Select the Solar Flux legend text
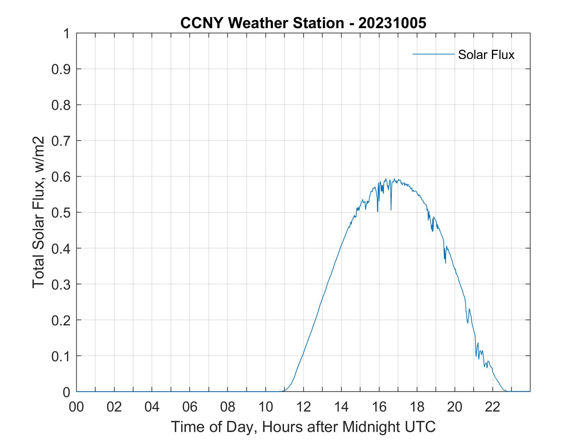[x=486, y=55]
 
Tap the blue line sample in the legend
[x=433, y=54]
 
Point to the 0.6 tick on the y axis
[x=62, y=177]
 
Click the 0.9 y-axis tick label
[x=62, y=69]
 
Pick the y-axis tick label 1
[x=67, y=34]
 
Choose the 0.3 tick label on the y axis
[x=62, y=284]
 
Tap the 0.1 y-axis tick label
[x=62, y=356]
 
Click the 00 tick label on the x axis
[x=76, y=407]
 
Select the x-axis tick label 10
[x=266, y=407]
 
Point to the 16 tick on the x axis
[x=379, y=407]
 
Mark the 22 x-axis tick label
[x=493, y=407]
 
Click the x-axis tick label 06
[x=190, y=407]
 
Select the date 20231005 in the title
[x=392, y=23]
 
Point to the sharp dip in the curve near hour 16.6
[x=391, y=209]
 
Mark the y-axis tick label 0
[x=67, y=392]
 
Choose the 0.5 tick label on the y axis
[x=62, y=212]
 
